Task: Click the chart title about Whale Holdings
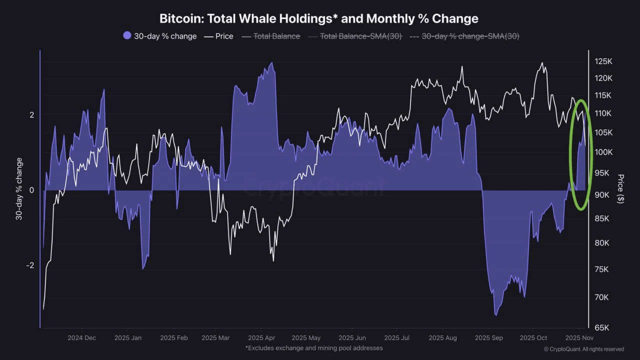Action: [x=319, y=18]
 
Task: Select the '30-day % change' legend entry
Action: [x=165, y=36]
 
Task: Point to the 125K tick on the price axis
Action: [x=603, y=61]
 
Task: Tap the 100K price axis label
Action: [x=603, y=152]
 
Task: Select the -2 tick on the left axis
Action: [x=30, y=265]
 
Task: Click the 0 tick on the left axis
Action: [x=31, y=190]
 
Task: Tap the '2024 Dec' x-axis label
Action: [x=82, y=338]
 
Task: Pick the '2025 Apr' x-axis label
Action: [x=261, y=338]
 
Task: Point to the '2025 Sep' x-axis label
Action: [x=488, y=338]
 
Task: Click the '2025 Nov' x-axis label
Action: [x=578, y=338]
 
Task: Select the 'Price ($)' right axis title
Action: [x=620, y=188]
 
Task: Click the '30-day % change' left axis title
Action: [x=19, y=188]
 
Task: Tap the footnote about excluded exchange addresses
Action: [x=314, y=348]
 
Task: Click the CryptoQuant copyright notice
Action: [x=583, y=349]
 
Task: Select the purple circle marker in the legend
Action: [x=127, y=35]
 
